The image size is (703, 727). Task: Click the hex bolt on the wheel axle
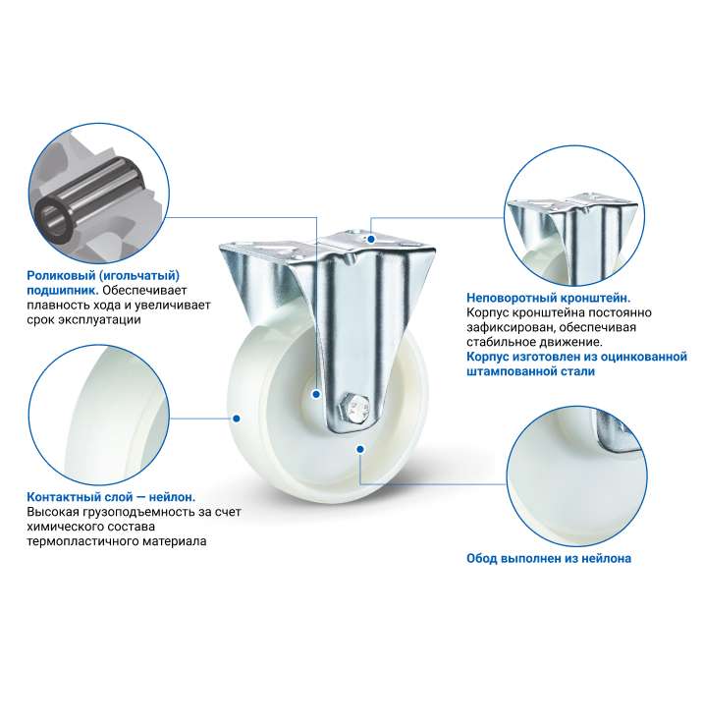click(355, 409)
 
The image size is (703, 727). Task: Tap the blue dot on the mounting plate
click(371, 240)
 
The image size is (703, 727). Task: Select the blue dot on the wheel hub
click(316, 395)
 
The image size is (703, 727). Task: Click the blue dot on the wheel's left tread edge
click(237, 419)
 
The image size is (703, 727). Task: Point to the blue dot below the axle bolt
click(360, 449)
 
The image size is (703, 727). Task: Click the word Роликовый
click(61, 276)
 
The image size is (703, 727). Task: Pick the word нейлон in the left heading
click(171, 497)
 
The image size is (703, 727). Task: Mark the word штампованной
click(506, 371)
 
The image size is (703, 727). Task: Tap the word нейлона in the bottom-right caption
click(606, 558)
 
